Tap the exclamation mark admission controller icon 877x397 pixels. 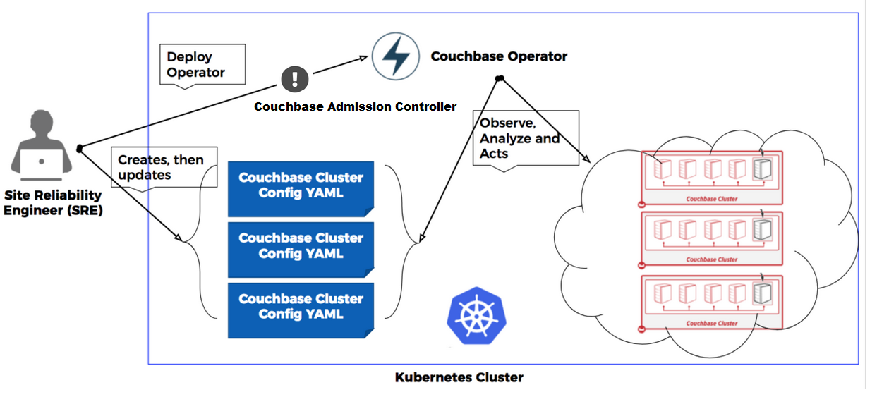tap(295, 78)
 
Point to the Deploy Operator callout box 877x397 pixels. tap(202, 65)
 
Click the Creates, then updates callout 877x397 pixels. tap(164, 167)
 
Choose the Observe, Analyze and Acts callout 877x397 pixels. tap(524, 138)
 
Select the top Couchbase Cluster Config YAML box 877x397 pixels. tap(301, 185)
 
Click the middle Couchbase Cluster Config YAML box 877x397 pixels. tap(301, 246)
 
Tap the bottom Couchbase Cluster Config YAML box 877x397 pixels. tap(301, 307)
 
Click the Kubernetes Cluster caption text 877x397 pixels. tap(459, 377)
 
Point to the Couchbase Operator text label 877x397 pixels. tap(499, 56)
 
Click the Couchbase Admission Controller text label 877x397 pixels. tap(355, 107)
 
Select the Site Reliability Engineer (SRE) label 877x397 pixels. tap(54, 202)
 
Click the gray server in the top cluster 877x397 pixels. tap(763, 169)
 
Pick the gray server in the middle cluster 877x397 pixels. tap(763, 230)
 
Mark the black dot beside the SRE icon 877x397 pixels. tap(80, 148)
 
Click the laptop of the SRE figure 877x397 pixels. tap(41, 164)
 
